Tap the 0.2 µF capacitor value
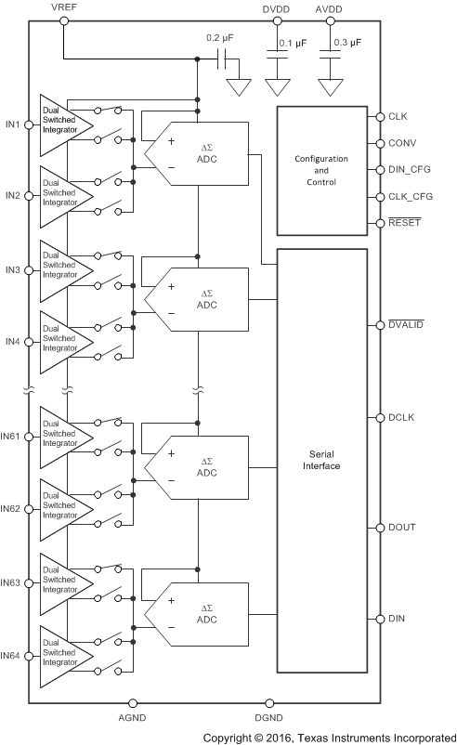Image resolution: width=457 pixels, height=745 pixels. [219, 39]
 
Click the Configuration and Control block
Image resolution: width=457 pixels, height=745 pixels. [321, 170]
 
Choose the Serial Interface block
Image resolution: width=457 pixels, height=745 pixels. [321, 460]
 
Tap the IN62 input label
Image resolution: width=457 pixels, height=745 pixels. [11, 509]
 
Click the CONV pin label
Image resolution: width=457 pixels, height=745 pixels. [401, 144]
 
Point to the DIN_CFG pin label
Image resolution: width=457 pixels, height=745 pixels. [409, 171]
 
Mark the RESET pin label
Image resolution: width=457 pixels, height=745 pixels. [405, 224]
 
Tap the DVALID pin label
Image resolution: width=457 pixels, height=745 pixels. [406, 325]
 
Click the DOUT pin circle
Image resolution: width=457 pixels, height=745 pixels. [378, 528]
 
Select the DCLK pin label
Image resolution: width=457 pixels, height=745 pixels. [401, 418]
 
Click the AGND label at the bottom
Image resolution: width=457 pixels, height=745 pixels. [133, 718]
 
